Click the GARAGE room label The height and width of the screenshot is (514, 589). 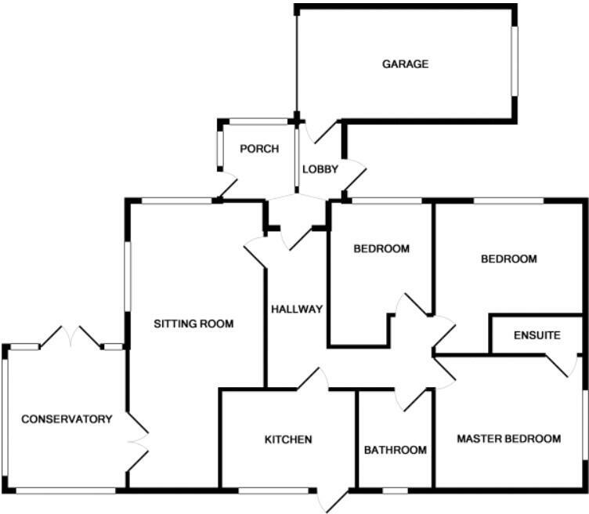point(405,64)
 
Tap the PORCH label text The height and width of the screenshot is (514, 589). point(258,149)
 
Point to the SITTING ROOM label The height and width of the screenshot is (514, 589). point(193,323)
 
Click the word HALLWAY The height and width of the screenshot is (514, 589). point(297,309)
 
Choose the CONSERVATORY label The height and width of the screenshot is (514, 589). point(67,419)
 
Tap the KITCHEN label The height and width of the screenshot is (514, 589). point(288,440)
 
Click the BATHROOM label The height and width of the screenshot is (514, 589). point(396,450)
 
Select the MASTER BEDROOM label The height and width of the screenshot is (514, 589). point(509,439)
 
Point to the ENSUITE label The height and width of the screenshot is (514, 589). point(537,335)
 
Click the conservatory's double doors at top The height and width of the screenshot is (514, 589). point(70,338)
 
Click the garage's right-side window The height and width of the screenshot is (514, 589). point(515,62)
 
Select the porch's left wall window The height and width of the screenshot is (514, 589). point(219,146)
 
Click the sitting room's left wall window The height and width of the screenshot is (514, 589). point(128,276)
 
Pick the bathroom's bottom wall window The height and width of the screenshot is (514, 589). point(395,491)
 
